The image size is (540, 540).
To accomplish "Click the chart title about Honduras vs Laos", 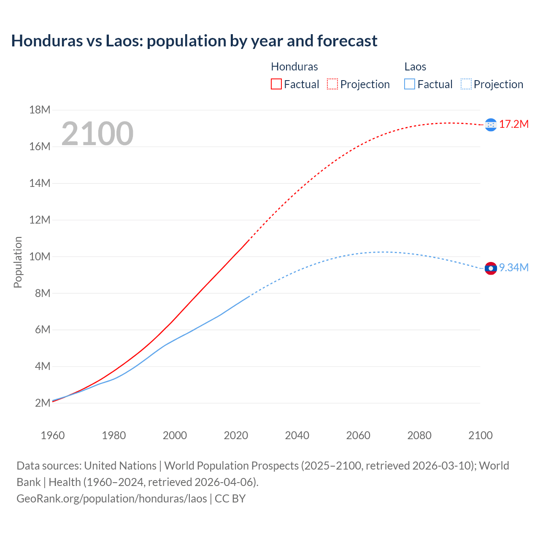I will click(x=194, y=41).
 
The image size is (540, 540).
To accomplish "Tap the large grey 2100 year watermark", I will click(x=97, y=134).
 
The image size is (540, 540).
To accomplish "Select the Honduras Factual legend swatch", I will click(x=276, y=84).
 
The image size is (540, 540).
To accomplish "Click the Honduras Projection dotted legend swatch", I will click(x=332, y=84).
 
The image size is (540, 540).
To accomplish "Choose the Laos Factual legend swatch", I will click(x=409, y=84).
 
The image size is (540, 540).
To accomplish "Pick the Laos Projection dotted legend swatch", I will click(x=466, y=84).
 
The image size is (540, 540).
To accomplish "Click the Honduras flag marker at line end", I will click(x=491, y=124).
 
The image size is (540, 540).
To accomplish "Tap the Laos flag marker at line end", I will click(x=491, y=268).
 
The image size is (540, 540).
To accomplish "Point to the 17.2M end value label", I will click(x=514, y=124).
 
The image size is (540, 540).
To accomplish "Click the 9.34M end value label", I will click(x=514, y=267).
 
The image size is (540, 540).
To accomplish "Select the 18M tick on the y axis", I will click(x=40, y=110).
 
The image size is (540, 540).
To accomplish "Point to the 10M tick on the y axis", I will click(x=40, y=256).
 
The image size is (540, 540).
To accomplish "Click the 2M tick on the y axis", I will click(x=43, y=403).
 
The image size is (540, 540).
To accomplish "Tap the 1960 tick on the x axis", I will click(x=53, y=435).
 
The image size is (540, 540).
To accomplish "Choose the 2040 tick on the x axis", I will click(x=297, y=435).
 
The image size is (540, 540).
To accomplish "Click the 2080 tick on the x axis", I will click(x=419, y=435).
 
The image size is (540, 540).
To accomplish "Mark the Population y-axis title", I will click(x=18, y=262).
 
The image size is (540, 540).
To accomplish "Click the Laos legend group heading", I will click(x=415, y=67).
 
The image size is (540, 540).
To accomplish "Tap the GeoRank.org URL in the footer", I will click(x=112, y=499).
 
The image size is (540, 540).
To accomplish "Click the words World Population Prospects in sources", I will click(x=231, y=466).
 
